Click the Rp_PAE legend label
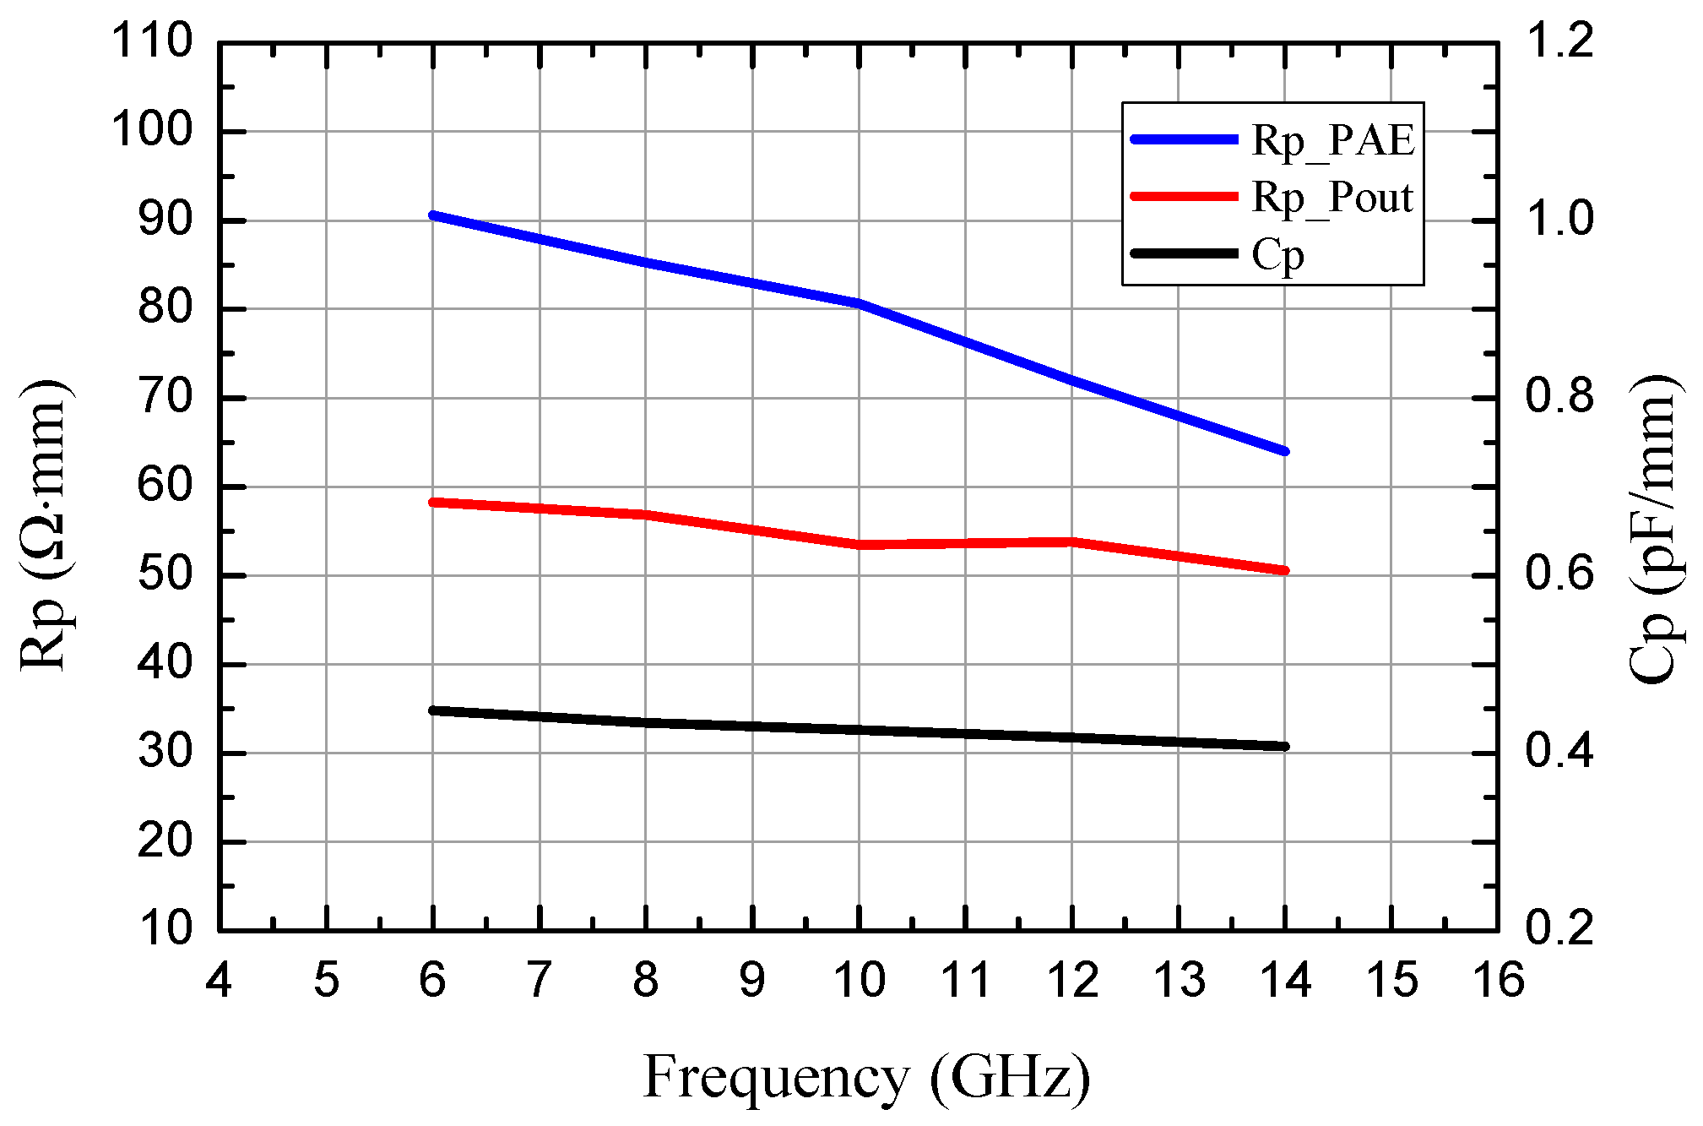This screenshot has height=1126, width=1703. pos(1332,140)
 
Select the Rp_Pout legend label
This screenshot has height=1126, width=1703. pos(1331,198)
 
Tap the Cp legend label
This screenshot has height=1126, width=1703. pos(1277,255)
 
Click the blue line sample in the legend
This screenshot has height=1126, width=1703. pos(1184,139)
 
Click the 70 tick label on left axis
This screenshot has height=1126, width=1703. pos(165,397)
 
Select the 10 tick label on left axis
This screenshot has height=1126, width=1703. pos(165,929)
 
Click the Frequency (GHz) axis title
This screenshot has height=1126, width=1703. pos(866,1078)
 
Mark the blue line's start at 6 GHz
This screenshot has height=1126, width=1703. pos(433,215)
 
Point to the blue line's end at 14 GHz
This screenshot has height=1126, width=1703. pos(1285,451)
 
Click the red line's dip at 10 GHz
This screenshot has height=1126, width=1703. pos(860,545)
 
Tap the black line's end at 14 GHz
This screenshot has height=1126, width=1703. pos(1285,746)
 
